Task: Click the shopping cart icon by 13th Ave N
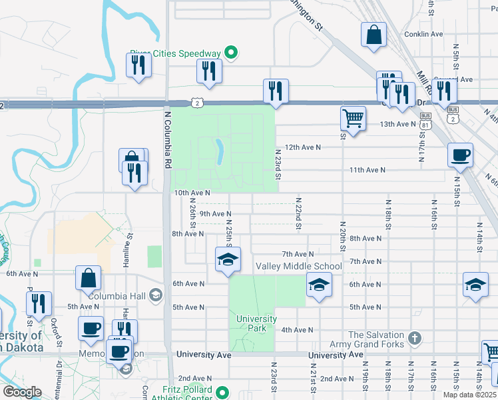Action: pyautogui.click(x=353, y=119)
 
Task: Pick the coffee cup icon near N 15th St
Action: pyautogui.click(x=460, y=155)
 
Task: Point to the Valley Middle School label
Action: pyautogui.click(x=299, y=267)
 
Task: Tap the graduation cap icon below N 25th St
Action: pyautogui.click(x=228, y=259)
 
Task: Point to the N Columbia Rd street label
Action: pyautogui.click(x=168, y=140)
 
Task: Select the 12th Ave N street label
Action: pyautogui.click(x=302, y=147)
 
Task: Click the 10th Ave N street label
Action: pyautogui.click(x=192, y=193)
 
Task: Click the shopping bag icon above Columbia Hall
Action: pyautogui.click(x=89, y=278)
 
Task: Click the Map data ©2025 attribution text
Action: pyautogui.click(x=469, y=395)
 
